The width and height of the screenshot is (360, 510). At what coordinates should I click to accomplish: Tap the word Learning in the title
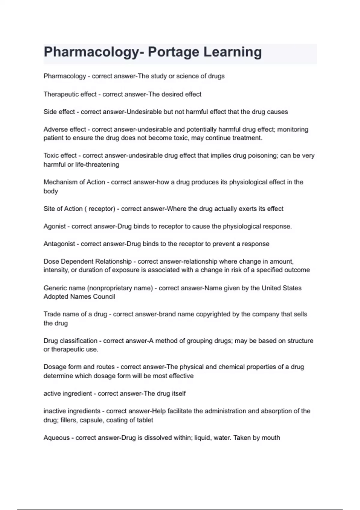(232, 52)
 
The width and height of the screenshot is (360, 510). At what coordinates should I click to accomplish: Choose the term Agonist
(55, 226)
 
